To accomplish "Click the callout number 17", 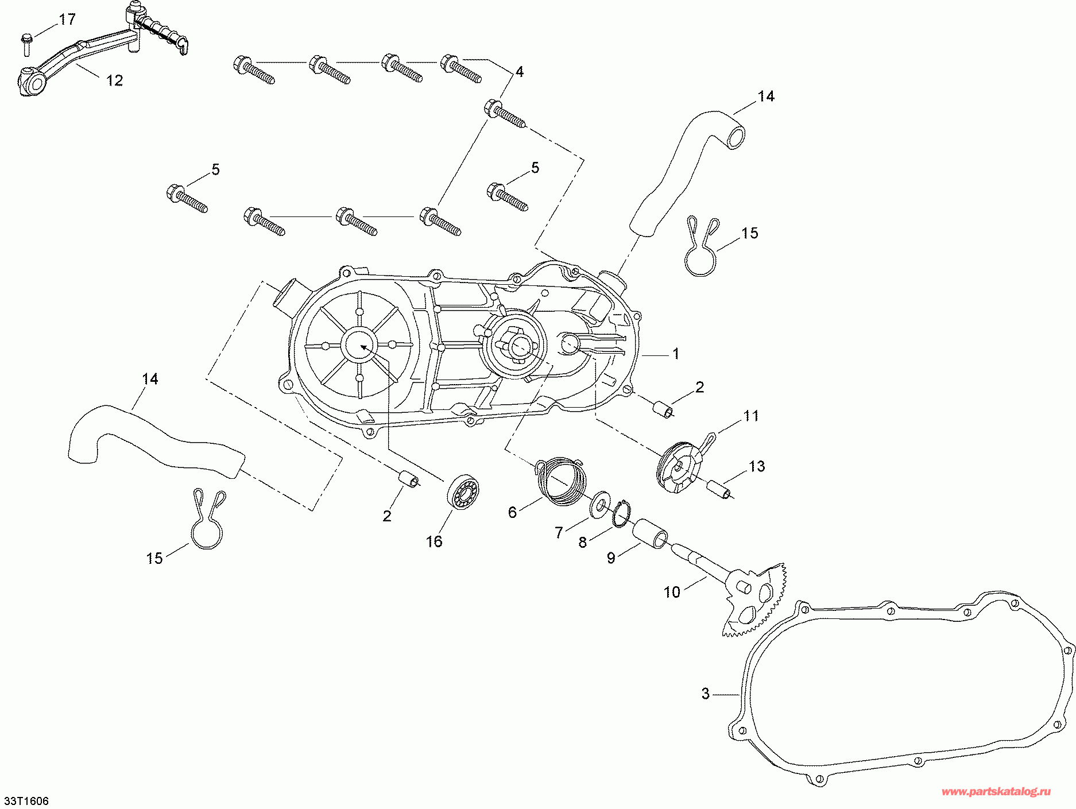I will click(x=67, y=20).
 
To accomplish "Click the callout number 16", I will click(x=434, y=541).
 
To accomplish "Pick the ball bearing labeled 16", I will click(x=463, y=491).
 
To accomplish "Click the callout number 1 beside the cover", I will click(x=676, y=354).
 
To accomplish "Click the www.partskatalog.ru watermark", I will click(x=996, y=792).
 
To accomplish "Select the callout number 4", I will click(x=519, y=72).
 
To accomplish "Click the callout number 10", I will click(x=672, y=592).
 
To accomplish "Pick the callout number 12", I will click(x=115, y=80).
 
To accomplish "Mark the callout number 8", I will click(x=582, y=543).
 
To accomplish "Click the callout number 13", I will click(x=757, y=466).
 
